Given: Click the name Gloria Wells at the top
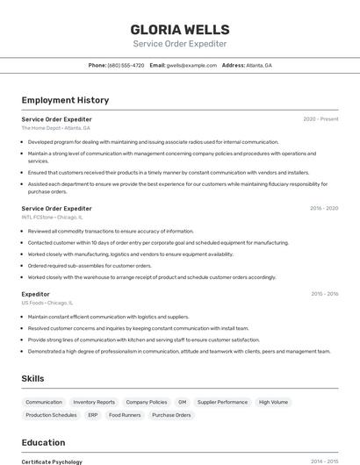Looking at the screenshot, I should (179, 30).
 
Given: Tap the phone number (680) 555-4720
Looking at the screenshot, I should (126, 65).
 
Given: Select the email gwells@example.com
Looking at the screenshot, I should (191, 65).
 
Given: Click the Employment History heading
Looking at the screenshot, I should (65, 100).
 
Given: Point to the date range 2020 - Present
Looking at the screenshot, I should (320, 119).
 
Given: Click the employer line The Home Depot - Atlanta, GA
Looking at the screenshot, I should (56, 128).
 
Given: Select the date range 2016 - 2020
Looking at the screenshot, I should (324, 209).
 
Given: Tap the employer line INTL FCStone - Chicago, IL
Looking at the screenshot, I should (53, 217).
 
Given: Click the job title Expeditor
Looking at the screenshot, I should (36, 294).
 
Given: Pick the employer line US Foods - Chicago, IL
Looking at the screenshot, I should (47, 303).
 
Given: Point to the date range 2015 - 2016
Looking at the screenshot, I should (324, 294).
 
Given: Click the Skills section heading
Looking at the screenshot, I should (33, 378).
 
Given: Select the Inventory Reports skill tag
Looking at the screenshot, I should (94, 402).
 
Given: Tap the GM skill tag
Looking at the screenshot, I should (182, 402).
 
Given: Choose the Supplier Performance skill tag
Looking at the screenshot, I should (222, 402).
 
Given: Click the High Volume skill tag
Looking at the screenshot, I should (273, 402).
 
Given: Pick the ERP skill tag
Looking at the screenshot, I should (93, 415).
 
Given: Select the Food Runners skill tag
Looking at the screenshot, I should (125, 415).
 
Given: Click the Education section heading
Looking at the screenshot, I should (43, 442).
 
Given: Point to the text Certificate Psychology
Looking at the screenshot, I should (52, 461).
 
